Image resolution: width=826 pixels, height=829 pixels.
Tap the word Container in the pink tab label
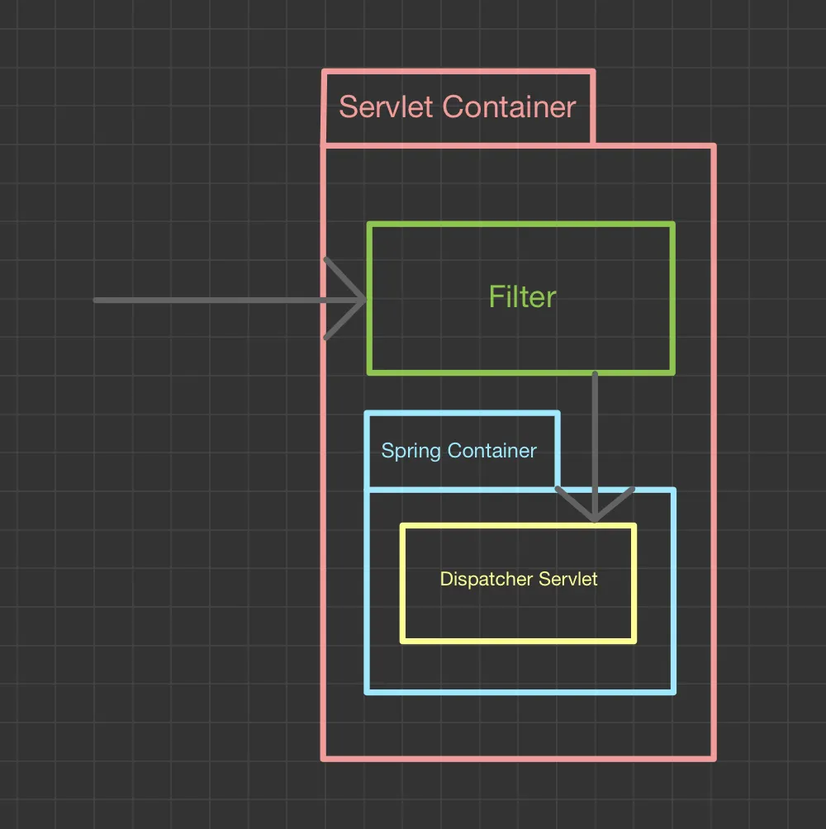[x=509, y=107]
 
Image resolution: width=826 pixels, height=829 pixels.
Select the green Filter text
[x=522, y=297]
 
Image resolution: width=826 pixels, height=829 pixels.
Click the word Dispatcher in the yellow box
[x=486, y=579]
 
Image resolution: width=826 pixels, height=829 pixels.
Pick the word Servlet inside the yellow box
[x=568, y=579]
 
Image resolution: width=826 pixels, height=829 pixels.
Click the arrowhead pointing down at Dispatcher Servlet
[x=594, y=519]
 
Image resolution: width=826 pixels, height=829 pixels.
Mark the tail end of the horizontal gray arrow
[x=97, y=300]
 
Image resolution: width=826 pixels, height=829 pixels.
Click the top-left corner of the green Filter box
[x=369, y=224]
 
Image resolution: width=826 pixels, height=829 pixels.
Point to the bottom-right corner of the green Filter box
[x=673, y=372]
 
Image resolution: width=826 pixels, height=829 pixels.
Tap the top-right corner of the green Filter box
[x=673, y=224]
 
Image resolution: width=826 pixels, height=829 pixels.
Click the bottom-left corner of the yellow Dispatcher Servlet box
[x=402, y=641]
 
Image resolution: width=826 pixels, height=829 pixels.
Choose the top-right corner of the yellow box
[x=634, y=525]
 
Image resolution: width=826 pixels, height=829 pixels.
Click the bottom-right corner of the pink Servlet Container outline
[x=714, y=758]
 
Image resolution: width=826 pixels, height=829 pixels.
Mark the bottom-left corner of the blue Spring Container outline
[x=367, y=692]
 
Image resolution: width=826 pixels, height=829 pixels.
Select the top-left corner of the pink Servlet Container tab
[x=324, y=73]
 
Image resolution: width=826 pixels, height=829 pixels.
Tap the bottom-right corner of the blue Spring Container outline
[x=674, y=692]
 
